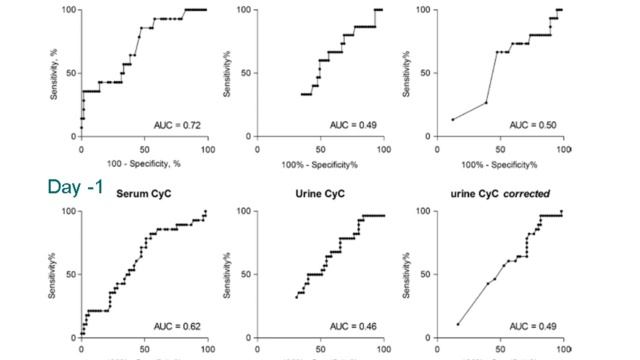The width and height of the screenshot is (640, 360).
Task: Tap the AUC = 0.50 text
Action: point(531,125)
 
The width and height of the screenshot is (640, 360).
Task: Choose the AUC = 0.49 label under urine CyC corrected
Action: point(531,326)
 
